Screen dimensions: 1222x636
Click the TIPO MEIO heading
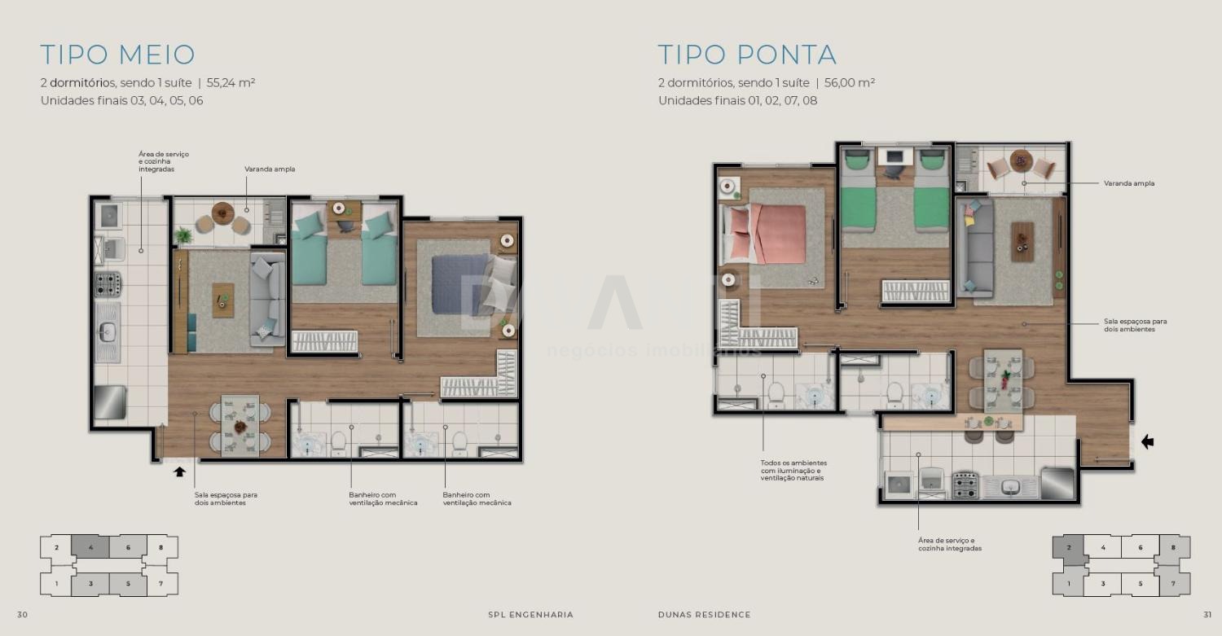[118, 55]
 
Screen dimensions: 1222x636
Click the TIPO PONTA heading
[747, 55]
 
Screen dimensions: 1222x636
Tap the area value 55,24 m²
[231, 83]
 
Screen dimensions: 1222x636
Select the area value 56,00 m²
[850, 83]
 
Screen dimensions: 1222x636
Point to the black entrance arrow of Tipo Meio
[179, 472]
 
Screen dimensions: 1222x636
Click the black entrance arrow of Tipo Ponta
[1147, 442]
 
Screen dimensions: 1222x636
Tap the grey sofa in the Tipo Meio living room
[267, 299]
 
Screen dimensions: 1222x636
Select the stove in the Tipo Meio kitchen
[108, 284]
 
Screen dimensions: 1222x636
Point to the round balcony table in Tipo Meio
[222, 213]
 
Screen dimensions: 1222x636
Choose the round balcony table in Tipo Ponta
[1022, 161]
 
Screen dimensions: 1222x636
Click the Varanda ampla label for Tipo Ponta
[1128, 183]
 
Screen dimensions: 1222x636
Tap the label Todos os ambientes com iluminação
[793, 467]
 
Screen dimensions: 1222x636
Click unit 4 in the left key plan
[90, 547]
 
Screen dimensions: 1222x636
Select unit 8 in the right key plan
[1173, 547]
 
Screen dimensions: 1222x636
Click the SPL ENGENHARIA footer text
[531, 615]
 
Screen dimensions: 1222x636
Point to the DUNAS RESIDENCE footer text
[705, 615]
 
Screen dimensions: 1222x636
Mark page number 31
[1207, 615]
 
